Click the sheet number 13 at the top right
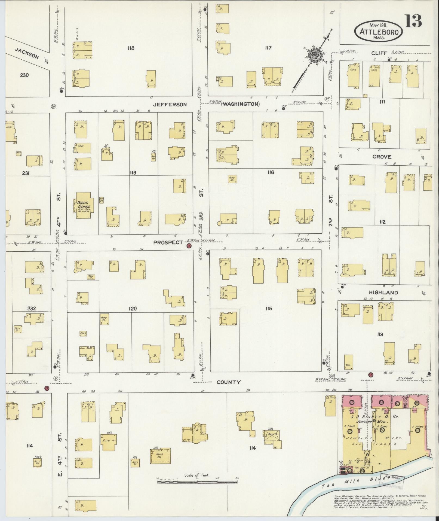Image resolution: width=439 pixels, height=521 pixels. pyautogui.click(x=413, y=21)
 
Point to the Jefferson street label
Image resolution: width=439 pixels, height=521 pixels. pyautogui.click(x=170, y=105)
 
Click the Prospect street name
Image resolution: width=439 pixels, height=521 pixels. pyautogui.click(x=168, y=242)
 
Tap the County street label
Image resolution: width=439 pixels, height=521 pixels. pyautogui.click(x=229, y=382)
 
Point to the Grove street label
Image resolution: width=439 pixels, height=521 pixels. pyautogui.click(x=382, y=157)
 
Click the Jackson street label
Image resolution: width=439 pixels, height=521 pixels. pyautogui.click(x=27, y=53)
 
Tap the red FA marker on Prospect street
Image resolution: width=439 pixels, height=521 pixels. pyautogui.click(x=188, y=246)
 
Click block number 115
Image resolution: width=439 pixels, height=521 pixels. pyautogui.click(x=269, y=309)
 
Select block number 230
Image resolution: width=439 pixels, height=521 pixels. pyautogui.click(x=24, y=75)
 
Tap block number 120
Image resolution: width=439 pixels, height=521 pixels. pyautogui.click(x=133, y=309)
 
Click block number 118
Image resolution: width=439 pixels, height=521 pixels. pyautogui.click(x=131, y=48)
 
